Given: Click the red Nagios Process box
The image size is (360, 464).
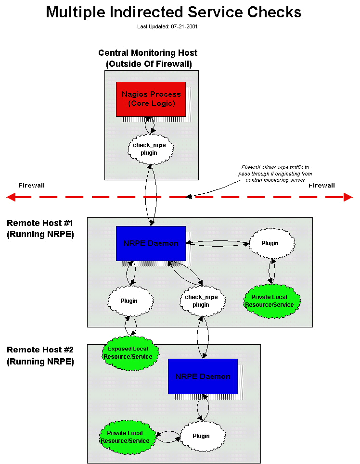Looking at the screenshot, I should click(151, 99).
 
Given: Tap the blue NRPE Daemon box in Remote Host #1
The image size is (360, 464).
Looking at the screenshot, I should click(151, 243).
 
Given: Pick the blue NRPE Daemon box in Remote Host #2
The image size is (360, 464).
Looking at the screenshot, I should click(203, 376).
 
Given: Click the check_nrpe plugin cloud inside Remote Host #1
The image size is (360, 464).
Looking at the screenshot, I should click(201, 301).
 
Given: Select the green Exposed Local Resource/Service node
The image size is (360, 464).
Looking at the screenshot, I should click(128, 353).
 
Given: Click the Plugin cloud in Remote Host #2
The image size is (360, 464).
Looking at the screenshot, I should click(201, 436).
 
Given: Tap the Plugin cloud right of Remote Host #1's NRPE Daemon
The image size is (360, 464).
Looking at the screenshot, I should click(270, 243).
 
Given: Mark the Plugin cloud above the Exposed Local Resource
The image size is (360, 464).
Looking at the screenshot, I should click(129, 301).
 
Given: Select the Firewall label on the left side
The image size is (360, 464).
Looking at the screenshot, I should click(31, 186).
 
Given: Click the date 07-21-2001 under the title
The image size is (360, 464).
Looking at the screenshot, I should click(184, 27).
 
